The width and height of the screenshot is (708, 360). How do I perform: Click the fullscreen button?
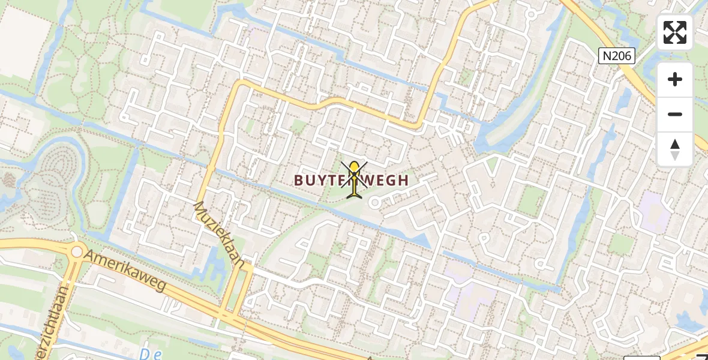675,32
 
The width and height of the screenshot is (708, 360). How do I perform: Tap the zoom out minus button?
675,115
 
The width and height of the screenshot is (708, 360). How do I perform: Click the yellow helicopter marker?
355,179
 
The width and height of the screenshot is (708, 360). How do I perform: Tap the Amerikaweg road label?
125,271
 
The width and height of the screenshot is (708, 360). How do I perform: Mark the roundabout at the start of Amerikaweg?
76,252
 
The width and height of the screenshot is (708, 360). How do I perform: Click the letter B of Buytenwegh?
299,179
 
